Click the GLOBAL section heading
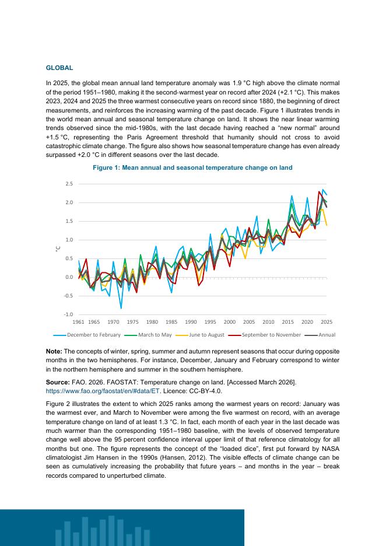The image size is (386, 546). tap(59, 68)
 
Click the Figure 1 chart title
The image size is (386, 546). tap(192, 167)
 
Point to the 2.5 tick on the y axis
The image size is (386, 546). tap(69, 184)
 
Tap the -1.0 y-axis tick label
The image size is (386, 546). tap(68, 314)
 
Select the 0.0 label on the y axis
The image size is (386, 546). tap(69, 277)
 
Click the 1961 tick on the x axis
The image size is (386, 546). tap(78, 322)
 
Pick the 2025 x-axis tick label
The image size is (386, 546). tap(327, 322)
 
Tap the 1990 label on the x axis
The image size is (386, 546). tap(191, 322)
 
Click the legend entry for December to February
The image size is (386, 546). tap(87, 335)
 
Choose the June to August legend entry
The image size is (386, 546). tap(200, 335)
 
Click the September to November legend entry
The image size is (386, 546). tap(265, 335)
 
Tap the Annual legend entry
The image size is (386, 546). tap(320, 335)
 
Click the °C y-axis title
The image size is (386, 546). tap(58, 249)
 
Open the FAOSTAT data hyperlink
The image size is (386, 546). tap(103, 391)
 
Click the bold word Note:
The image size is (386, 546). tap(54, 351)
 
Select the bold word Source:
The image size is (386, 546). tap(58, 382)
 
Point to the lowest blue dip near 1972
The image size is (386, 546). tap(121, 308)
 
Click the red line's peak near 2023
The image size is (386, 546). tap(319, 191)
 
